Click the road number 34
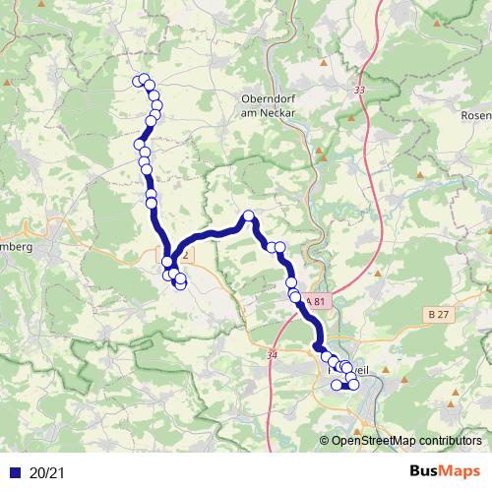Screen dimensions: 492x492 click(271, 353)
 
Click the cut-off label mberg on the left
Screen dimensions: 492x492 click(17, 247)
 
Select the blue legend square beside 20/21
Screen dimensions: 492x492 click(12, 473)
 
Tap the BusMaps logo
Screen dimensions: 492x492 click(445, 472)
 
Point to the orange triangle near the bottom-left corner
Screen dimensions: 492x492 click(13, 425)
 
